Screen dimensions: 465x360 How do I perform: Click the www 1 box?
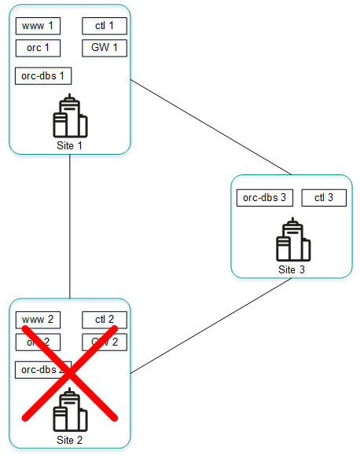coord(38,27)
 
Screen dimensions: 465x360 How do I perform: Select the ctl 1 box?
coord(105,27)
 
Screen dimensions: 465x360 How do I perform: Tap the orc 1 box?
coord(38,48)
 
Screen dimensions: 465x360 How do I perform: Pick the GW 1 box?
coord(105,48)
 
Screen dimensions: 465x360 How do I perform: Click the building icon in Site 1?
coord(70,117)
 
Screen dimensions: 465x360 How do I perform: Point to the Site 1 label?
coord(70,145)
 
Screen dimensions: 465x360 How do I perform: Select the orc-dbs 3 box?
coord(265,198)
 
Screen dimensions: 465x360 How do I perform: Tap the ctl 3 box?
coord(324,198)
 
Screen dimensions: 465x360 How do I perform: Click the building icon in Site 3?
coord(293,241)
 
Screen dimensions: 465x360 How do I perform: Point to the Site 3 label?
coord(292,269)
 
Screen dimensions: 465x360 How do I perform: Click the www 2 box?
coord(38,320)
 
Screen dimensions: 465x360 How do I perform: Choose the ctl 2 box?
coord(105,320)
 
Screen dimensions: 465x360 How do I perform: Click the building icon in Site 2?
coord(70,410)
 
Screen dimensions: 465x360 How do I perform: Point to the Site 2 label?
coord(70,440)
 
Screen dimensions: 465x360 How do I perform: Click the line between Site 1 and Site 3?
coord(211,126)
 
